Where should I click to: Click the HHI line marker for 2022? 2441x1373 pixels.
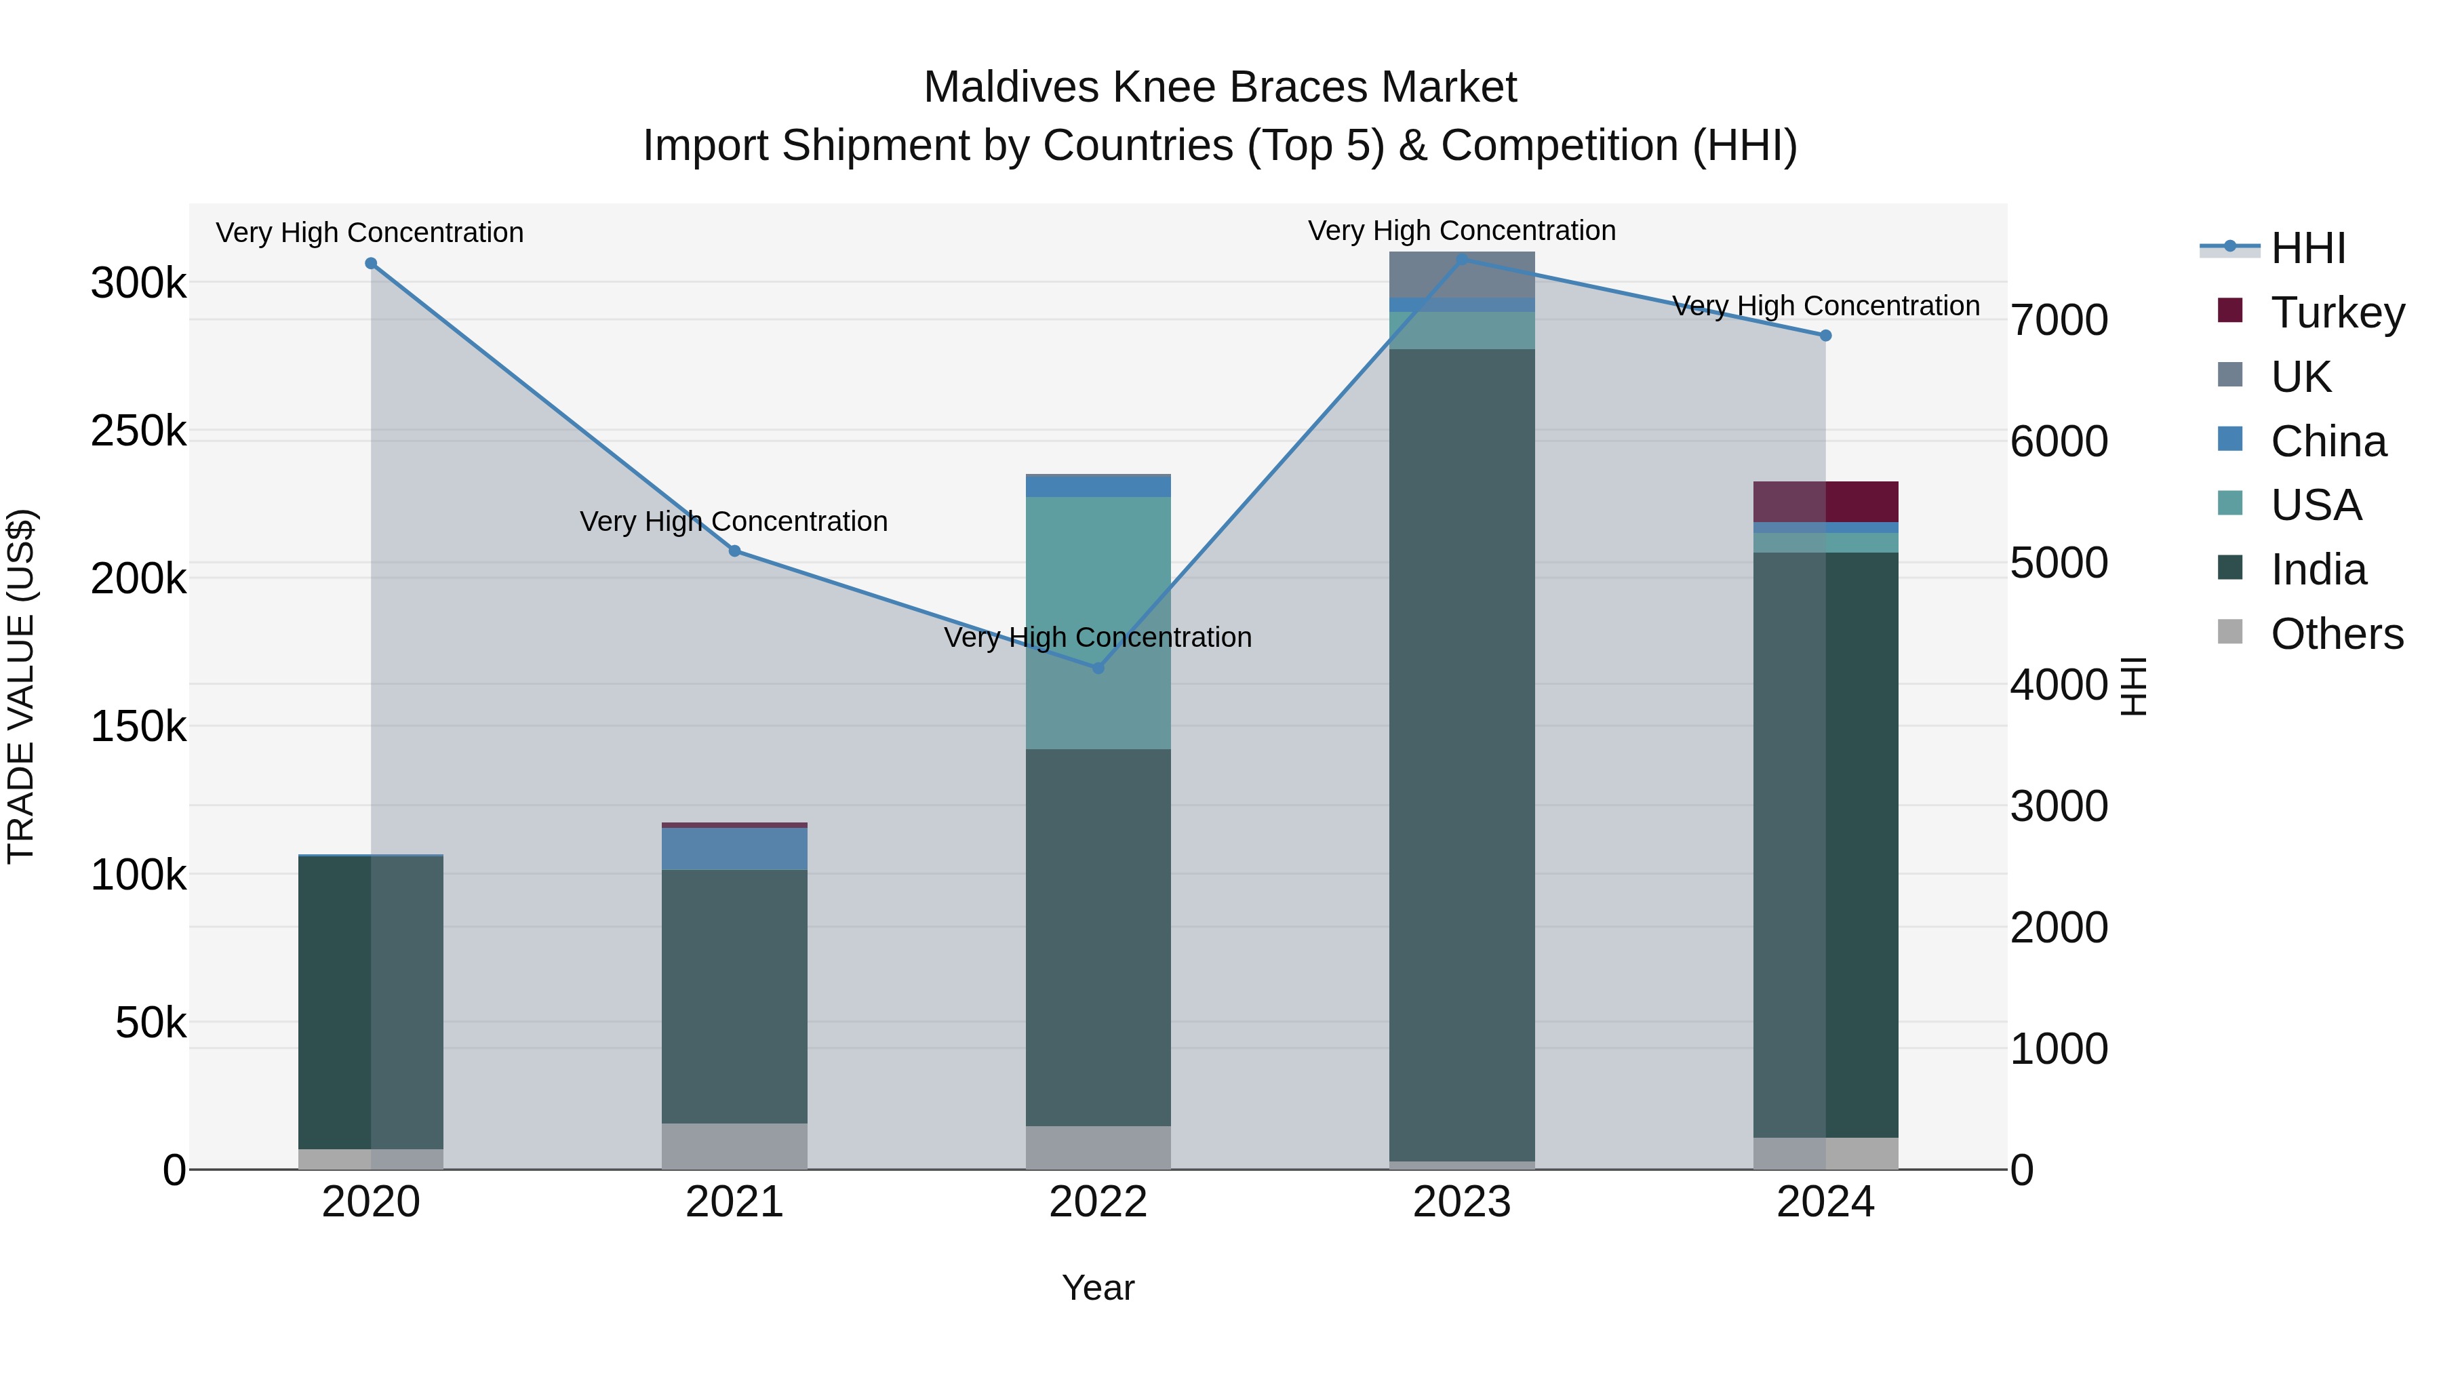1098,668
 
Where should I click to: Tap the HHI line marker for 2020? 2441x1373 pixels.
370,264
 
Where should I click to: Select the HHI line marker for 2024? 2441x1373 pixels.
1825,336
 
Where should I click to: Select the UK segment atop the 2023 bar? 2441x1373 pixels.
1461,275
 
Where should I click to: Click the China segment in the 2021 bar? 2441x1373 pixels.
734,849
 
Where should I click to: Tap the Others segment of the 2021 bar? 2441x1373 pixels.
734,1146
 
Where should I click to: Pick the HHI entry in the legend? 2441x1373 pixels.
2307,248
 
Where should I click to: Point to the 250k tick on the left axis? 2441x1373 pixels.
138,431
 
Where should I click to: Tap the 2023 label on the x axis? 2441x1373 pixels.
1461,1202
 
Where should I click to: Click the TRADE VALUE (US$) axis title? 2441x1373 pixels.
21,686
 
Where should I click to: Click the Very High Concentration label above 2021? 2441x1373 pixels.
734,521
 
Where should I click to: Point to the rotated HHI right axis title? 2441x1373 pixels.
2133,686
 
